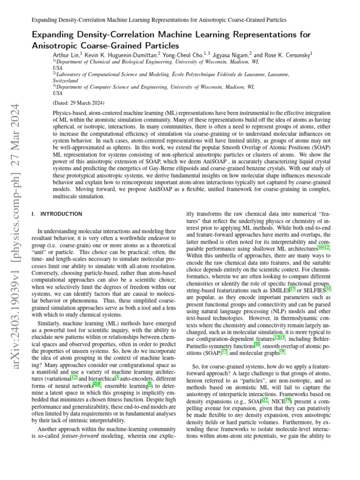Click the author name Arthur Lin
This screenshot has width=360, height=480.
click(x=65, y=54)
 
